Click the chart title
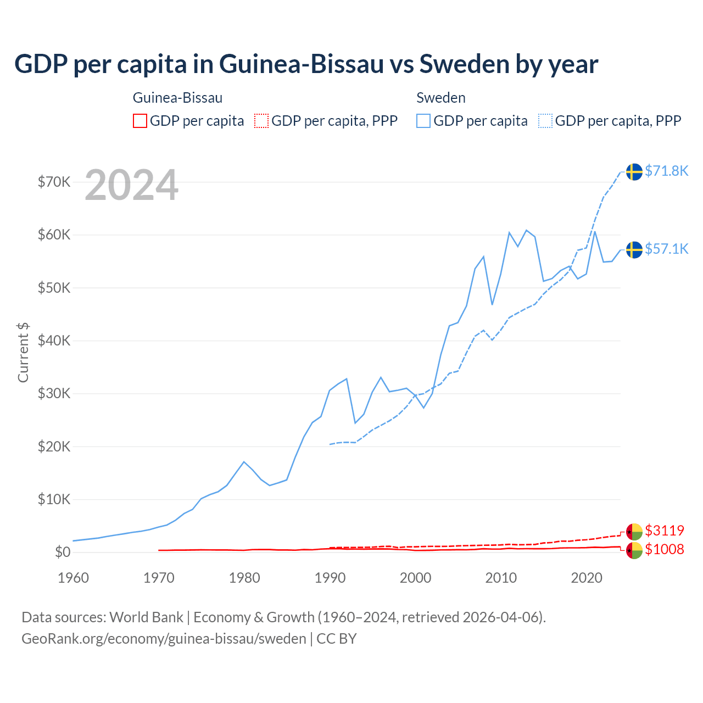pyautogui.click(x=306, y=64)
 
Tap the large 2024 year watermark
pyautogui.click(x=131, y=185)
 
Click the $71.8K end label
pyautogui.click(x=666, y=171)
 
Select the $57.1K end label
pyautogui.click(x=666, y=249)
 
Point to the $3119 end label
pyautogui.click(x=665, y=531)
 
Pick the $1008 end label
pyautogui.click(x=665, y=549)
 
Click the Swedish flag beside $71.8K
pyautogui.click(x=634, y=171)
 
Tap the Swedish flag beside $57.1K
pyautogui.click(x=634, y=249)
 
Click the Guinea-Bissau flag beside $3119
pyautogui.click(x=634, y=532)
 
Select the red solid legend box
pyautogui.click(x=140, y=121)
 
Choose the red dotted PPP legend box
pyautogui.click(x=261, y=121)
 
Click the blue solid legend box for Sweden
pyautogui.click(x=423, y=121)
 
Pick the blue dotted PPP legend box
pyautogui.click(x=545, y=121)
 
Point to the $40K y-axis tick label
pyautogui.click(x=54, y=341)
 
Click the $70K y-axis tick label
pyautogui.click(x=54, y=182)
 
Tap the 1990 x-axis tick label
pyautogui.click(x=330, y=578)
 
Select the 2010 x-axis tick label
pyautogui.click(x=501, y=578)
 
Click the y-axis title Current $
pyautogui.click(x=23, y=352)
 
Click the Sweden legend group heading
pyautogui.click(x=441, y=98)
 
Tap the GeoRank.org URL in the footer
pyautogui.click(x=164, y=639)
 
